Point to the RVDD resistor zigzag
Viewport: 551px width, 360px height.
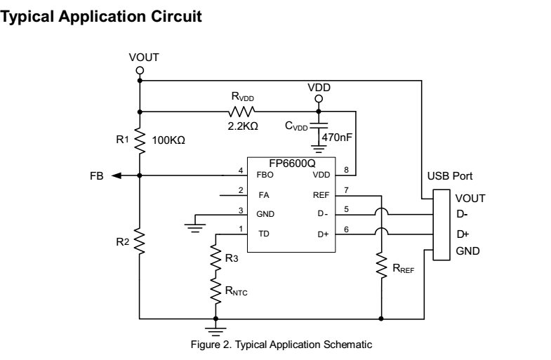pos(241,111)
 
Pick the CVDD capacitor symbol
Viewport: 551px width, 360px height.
pos(319,131)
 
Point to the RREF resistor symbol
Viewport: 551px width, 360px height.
pos(381,267)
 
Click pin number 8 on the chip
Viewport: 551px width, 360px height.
pos(346,170)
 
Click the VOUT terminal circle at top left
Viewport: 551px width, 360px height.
pos(140,70)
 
